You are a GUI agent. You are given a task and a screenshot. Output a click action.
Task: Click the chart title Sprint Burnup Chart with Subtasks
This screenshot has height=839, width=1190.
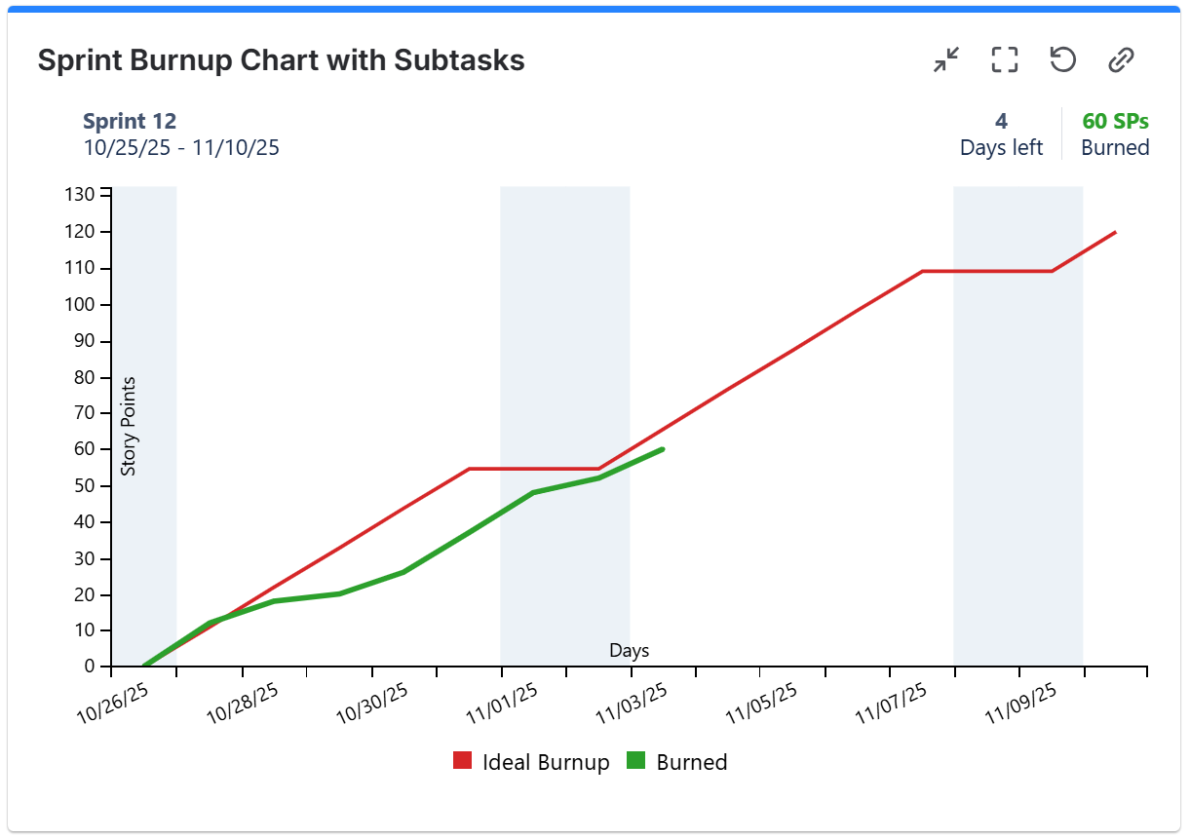coord(281,60)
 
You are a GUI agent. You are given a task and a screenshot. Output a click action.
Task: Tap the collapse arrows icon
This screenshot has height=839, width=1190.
coord(945,60)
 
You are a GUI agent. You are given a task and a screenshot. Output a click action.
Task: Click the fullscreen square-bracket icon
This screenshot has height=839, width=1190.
coord(1004,60)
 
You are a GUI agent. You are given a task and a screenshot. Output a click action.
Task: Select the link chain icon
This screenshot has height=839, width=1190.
coord(1121,60)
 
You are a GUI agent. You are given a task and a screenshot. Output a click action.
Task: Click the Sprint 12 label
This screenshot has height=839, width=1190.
coord(130,122)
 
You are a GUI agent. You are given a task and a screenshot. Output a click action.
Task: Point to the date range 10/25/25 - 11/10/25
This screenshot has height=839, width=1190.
coord(181,148)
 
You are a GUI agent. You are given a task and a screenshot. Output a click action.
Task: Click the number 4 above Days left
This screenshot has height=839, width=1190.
coord(1001,122)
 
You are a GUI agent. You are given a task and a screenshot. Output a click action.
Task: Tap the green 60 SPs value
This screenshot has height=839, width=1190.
coord(1115,122)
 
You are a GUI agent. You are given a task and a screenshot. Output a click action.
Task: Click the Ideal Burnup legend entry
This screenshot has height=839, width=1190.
coord(531,762)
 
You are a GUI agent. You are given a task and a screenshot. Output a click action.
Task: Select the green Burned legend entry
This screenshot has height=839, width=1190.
coord(677,762)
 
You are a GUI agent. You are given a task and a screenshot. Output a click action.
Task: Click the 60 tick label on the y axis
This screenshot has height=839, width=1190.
coord(86,449)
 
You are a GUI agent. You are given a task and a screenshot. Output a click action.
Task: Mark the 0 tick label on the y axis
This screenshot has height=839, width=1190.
coord(91,667)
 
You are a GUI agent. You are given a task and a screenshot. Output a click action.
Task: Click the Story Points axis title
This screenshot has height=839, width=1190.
coord(129,426)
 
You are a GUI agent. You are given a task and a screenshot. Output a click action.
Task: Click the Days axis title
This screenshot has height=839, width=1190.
coord(629,651)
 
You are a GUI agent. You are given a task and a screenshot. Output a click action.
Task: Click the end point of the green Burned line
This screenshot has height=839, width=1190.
coord(663,449)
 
